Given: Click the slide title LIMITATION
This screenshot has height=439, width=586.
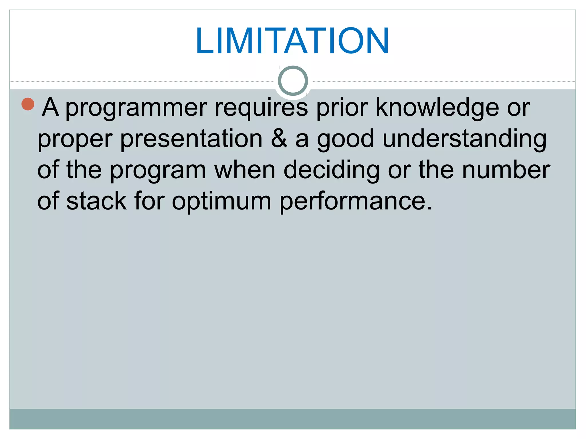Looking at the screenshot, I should [x=292, y=41].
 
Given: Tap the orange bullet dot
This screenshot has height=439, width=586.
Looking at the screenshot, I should [x=28, y=104].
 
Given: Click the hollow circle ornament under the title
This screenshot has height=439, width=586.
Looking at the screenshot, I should [x=293, y=81].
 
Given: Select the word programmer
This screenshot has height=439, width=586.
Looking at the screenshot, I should [x=136, y=108].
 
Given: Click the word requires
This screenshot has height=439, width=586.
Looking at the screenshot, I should [x=261, y=108].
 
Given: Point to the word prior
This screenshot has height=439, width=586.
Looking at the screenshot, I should [x=342, y=108].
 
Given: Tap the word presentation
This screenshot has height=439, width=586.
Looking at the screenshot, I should [x=191, y=139].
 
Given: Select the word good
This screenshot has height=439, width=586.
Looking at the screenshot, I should [x=345, y=139].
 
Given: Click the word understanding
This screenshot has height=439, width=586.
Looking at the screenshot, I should [x=464, y=139].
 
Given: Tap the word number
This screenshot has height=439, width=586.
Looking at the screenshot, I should [x=506, y=170].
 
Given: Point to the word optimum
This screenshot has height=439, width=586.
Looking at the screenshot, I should [x=221, y=202].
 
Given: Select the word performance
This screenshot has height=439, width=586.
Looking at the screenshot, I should [x=355, y=202].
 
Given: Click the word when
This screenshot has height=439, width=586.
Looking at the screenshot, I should [x=245, y=170].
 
